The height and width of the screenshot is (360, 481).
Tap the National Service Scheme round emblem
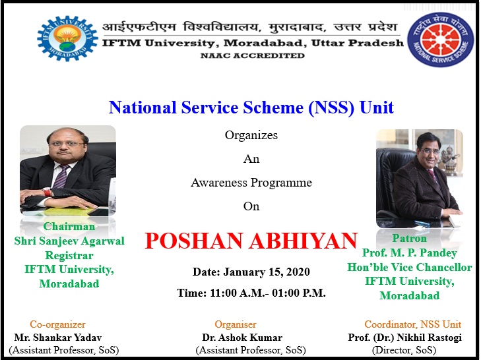[441, 40]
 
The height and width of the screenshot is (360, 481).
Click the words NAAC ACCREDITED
[253, 55]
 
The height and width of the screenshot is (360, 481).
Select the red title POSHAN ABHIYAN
[251, 241]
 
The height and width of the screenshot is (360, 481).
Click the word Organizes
[251, 135]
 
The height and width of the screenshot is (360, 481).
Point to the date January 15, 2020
[267, 272]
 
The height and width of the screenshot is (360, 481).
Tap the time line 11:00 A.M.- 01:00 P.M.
[267, 293]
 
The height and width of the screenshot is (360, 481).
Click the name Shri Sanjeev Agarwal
[69, 241]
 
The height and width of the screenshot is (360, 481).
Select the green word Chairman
[69, 226]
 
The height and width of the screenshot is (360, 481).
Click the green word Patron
[410, 238]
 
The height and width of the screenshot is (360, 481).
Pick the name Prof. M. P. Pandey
[410, 253]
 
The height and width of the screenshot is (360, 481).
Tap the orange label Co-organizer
[57, 324]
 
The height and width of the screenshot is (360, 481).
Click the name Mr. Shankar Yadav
[58, 338]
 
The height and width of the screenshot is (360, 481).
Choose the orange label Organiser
[236, 324]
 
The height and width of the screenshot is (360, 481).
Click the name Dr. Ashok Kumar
[242, 338]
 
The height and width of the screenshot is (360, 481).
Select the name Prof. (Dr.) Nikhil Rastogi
[405, 338]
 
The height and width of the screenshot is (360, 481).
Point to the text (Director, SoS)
[404, 350]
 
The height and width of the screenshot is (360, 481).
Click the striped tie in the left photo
[61, 176]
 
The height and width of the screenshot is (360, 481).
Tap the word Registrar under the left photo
[69, 255]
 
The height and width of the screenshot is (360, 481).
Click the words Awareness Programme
[251, 183]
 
